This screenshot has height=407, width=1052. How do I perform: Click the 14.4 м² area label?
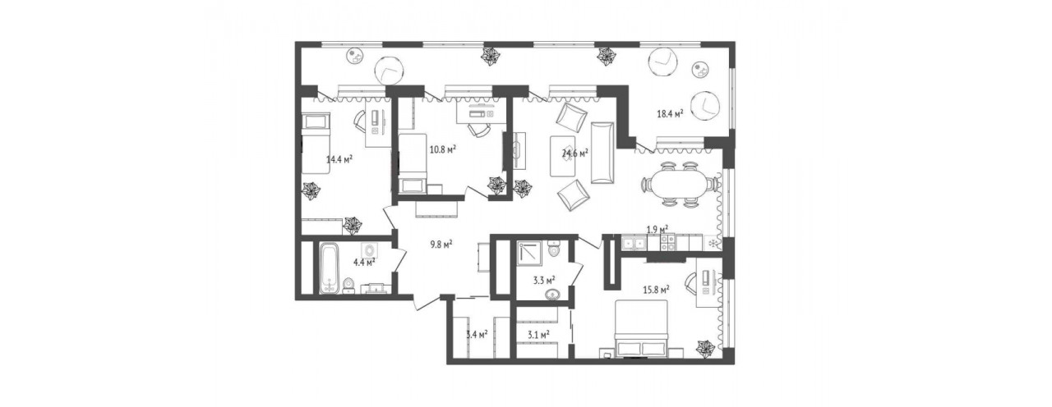(339, 159)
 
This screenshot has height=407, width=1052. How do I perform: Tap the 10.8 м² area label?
(443, 149)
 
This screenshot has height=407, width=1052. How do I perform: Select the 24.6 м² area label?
(575, 153)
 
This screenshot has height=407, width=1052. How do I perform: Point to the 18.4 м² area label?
(669, 113)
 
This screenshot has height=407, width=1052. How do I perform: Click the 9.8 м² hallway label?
(441, 244)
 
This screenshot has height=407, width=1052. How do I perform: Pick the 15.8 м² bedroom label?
(656, 290)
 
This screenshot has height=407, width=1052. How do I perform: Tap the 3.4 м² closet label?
(477, 334)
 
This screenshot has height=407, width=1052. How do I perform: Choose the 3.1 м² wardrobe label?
(538, 335)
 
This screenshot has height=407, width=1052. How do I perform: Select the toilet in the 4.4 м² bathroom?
(348, 286)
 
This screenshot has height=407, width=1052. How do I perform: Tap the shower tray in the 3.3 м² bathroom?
(531, 257)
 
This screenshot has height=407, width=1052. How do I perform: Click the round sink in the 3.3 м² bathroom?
(554, 295)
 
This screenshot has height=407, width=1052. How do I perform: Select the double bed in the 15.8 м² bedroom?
(641, 331)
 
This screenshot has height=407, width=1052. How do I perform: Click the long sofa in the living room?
(602, 153)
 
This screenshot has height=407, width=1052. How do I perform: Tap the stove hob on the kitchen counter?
(668, 242)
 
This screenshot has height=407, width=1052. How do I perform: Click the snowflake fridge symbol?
(713, 243)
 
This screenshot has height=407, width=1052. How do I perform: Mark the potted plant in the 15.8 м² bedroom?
(706, 348)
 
